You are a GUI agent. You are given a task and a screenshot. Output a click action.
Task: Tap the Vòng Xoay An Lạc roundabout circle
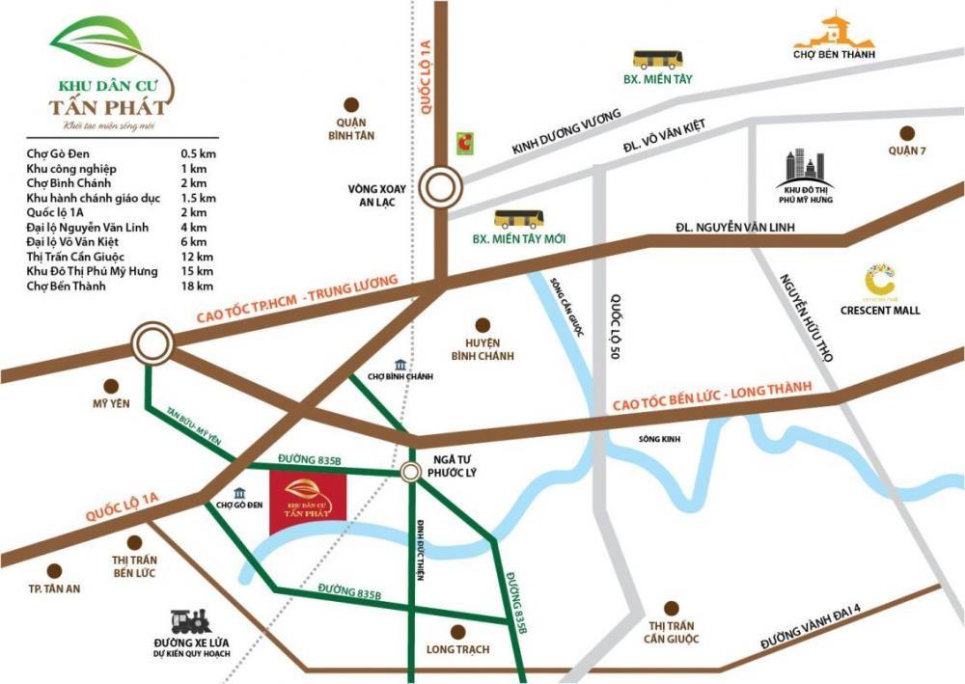click(442, 183)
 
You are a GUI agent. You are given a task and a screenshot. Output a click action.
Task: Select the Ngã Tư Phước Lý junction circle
click(411, 472)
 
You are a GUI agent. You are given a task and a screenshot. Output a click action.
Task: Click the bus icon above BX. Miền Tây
click(657, 59)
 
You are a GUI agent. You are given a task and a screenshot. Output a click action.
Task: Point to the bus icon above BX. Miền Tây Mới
click(519, 219)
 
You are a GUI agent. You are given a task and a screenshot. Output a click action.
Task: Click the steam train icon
click(191, 622)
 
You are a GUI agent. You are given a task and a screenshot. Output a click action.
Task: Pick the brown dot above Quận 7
click(906, 133)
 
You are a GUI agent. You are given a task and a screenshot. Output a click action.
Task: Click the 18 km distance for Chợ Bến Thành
click(196, 287)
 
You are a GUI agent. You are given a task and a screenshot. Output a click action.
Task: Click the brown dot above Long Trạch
click(458, 632)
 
